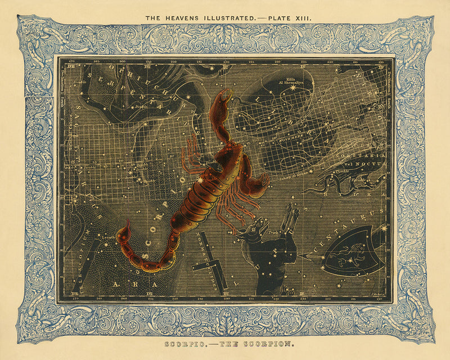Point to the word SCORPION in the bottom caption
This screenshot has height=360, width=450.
point(255,343)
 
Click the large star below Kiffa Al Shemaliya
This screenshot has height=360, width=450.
point(292,87)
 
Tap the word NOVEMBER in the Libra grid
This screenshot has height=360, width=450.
point(287,136)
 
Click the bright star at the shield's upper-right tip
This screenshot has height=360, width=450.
point(385,228)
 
